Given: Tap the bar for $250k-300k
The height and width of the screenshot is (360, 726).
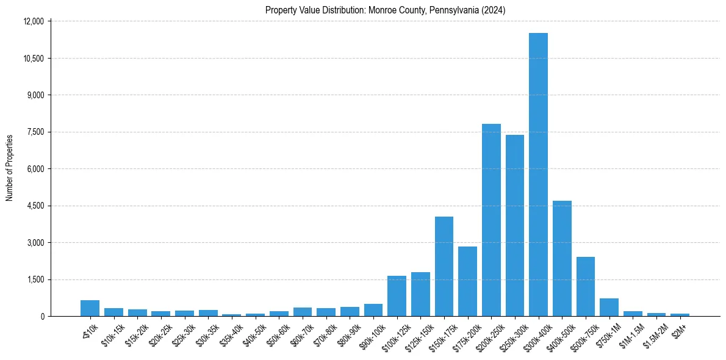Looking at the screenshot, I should [x=515, y=225].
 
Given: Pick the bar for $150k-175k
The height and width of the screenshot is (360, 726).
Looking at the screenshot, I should [x=444, y=266].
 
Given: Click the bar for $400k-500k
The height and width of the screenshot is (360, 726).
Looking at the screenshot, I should [x=562, y=258].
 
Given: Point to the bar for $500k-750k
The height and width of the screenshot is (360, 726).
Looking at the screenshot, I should [x=586, y=286].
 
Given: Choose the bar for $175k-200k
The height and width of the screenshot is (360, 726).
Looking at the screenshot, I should [x=467, y=281].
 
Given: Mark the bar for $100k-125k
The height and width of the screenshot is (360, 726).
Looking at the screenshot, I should [x=397, y=296].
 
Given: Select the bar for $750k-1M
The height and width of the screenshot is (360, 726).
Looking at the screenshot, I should [x=609, y=307].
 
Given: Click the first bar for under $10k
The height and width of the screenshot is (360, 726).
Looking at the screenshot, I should [x=90, y=308].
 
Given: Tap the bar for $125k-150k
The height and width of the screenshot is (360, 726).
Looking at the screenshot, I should [x=420, y=294].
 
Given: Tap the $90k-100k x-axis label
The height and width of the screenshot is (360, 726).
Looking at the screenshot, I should [x=371, y=335].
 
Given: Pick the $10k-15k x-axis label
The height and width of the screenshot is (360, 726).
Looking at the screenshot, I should [x=112, y=334].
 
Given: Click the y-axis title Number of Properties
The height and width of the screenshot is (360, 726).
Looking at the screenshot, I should [x=10, y=167].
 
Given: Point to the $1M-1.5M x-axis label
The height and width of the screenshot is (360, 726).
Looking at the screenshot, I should [x=630, y=334].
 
